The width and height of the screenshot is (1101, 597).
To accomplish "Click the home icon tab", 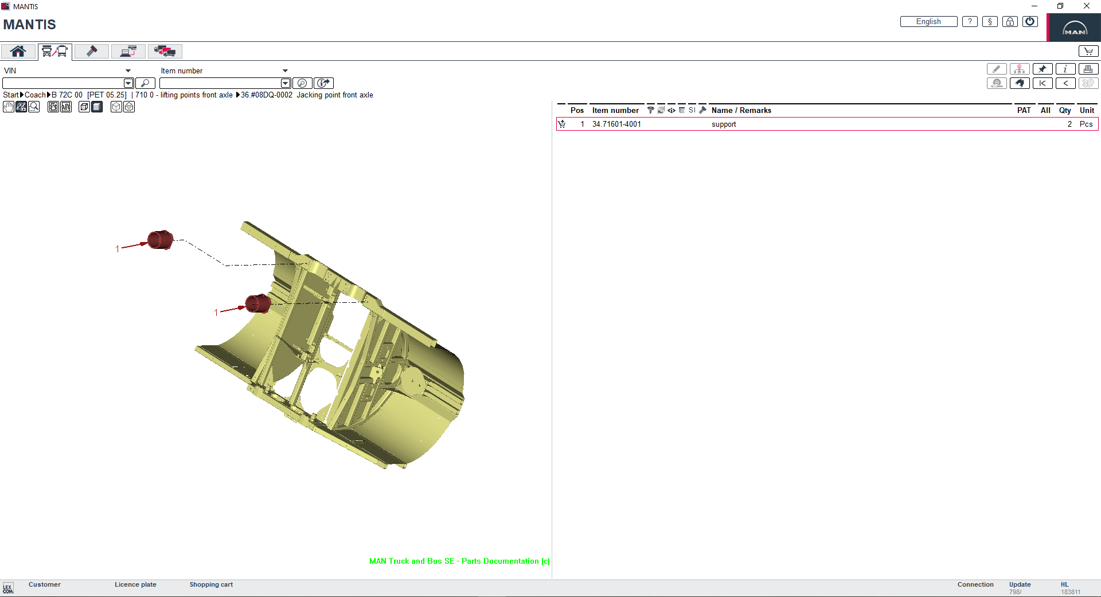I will click(18, 52).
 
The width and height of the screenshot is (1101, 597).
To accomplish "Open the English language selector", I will click(928, 22).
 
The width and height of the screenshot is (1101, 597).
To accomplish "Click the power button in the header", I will click(1030, 22).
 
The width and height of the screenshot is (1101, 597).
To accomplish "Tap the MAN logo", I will click(1075, 28).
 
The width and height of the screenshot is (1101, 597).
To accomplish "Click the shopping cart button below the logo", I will click(1088, 52).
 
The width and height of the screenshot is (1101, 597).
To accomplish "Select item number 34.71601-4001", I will click(616, 124).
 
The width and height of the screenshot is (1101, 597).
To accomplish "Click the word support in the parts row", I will click(724, 124).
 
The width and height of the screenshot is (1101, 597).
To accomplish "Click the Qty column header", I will click(1065, 110).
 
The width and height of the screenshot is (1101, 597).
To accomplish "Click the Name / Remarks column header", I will click(741, 110).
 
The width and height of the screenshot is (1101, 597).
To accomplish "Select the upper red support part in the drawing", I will click(161, 240).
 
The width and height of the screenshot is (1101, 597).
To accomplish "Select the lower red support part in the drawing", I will click(258, 304).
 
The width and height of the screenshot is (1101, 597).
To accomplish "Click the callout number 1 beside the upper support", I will click(118, 249).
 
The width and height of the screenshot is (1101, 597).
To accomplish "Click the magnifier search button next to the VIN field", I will click(145, 83).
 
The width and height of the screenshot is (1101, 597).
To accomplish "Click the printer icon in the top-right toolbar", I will click(1088, 69).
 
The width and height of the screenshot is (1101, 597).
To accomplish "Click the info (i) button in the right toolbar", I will click(1065, 69).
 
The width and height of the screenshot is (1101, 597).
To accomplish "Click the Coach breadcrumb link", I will click(35, 95).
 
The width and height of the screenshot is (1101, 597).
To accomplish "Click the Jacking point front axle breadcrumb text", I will click(334, 95).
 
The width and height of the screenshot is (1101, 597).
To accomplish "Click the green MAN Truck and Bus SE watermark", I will click(459, 561).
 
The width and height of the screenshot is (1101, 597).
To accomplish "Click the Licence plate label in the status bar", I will click(135, 584).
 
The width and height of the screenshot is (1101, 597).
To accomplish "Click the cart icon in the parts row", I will click(562, 124).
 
